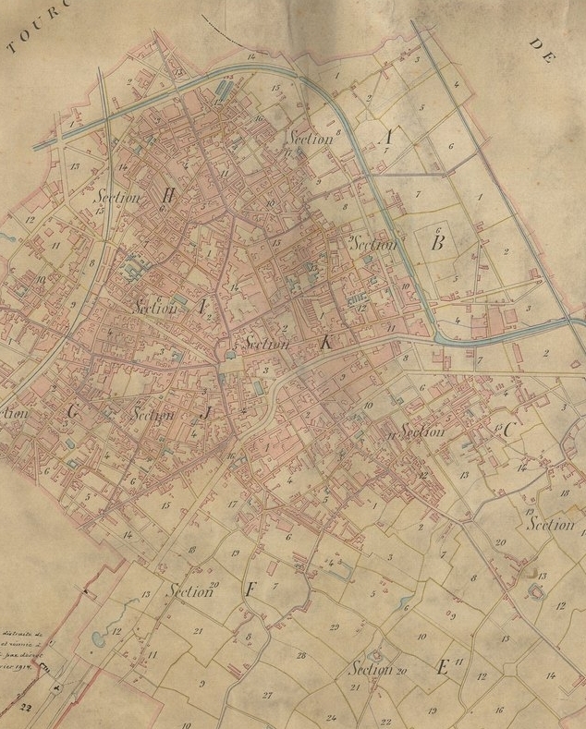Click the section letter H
coord(168,195)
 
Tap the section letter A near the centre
coord(201,309)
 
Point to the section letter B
coord(439,244)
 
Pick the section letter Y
coord(389,138)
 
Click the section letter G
coord(73,414)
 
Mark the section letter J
coord(206,415)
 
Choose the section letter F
coord(249,589)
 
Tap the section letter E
coord(442,667)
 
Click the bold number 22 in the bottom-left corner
coord(23,706)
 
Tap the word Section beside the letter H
coord(116,197)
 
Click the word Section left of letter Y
coord(310,139)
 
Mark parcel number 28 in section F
coord(300,655)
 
